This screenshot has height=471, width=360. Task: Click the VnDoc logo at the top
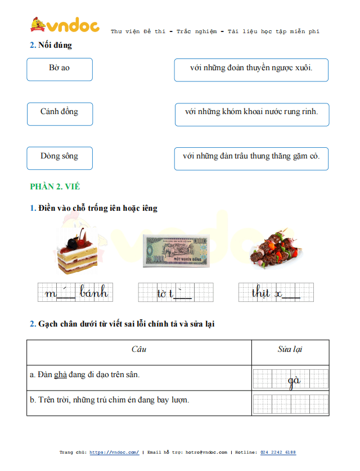coord(64,25)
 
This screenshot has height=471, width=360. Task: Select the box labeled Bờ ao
coord(60,69)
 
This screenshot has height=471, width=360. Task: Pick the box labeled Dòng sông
coord(60,157)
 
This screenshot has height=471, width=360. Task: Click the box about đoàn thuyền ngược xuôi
coord(251,69)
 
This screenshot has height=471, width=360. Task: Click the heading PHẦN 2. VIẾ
coord(55,187)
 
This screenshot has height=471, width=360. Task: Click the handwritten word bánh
coord(94,293)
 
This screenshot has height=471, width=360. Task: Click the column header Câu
coord(139,349)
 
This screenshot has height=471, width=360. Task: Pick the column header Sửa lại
coord(290,349)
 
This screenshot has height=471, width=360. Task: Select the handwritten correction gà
coord(294,381)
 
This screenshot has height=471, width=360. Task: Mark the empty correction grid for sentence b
coord(290,404)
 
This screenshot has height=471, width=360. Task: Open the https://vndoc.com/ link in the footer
coord(114,452)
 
